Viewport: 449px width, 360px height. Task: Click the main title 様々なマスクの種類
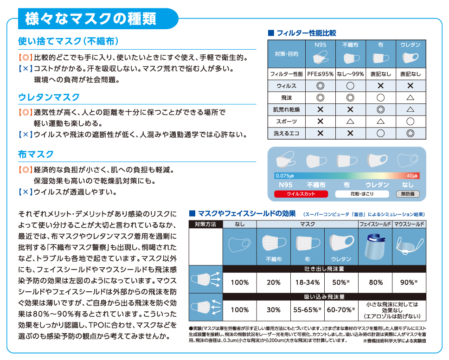pyautogui.click(x=90, y=19)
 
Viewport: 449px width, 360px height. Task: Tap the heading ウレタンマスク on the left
pyautogui.click(x=49, y=97)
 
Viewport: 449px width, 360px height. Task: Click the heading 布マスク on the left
pyautogui.click(x=36, y=154)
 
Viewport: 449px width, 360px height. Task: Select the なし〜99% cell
pyautogui.click(x=350, y=74)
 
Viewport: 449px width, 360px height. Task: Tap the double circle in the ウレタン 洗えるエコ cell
pyautogui.click(x=410, y=133)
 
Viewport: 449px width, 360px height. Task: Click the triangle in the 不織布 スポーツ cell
pyautogui.click(x=350, y=122)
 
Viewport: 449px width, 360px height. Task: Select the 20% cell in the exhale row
pyautogui.click(x=274, y=283)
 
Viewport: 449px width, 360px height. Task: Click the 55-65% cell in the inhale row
pyautogui.click(x=307, y=310)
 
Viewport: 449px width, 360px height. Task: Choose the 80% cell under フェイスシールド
pyautogui.click(x=375, y=283)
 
